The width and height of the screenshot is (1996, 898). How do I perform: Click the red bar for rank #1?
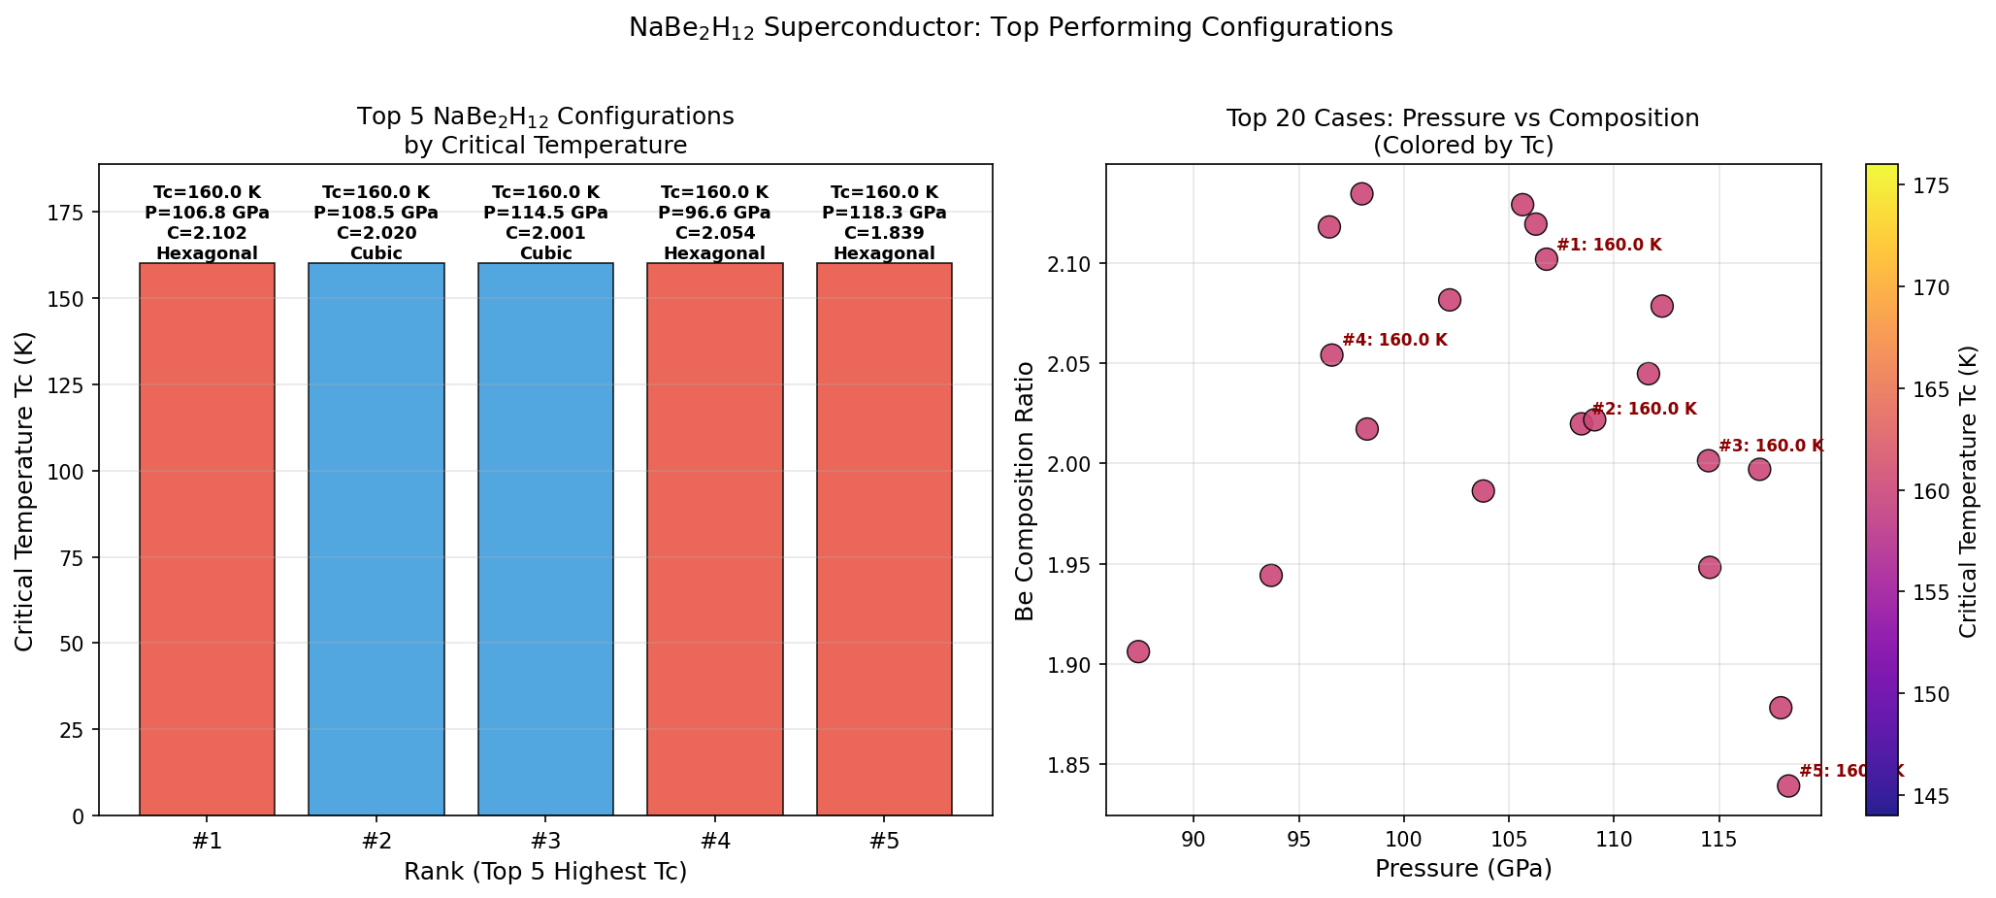pyautogui.click(x=207, y=539)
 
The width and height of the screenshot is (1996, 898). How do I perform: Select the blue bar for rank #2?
pyautogui.click(x=376, y=539)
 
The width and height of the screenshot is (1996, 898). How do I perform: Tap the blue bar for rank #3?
pyautogui.click(x=545, y=539)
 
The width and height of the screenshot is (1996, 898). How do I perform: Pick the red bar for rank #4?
pyautogui.click(x=715, y=539)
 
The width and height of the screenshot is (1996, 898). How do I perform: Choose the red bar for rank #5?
pyautogui.click(x=884, y=539)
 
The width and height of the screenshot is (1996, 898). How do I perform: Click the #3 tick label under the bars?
pyautogui.click(x=545, y=841)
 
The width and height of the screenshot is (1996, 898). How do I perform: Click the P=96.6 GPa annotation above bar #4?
pyautogui.click(x=714, y=213)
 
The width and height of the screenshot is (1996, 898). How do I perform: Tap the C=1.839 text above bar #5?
pyautogui.click(x=884, y=233)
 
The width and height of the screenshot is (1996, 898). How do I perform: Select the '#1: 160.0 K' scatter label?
pyautogui.click(x=1609, y=245)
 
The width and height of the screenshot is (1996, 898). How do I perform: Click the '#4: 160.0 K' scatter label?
pyautogui.click(x=1394, y=340)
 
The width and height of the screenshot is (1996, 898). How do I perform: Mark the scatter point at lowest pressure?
pyautogui.click(x=1138, y=651)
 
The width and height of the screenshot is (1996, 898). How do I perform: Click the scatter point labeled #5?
pyautogui.click(x=1788, y=785)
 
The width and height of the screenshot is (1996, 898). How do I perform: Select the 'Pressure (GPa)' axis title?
pyautogui.click(x=1463, y=869)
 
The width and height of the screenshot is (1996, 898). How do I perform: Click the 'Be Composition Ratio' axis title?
pyautogui.click(x=1024, y=489)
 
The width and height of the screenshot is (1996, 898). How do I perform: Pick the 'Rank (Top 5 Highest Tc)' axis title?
pyautogui.click(x=545, y=872)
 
